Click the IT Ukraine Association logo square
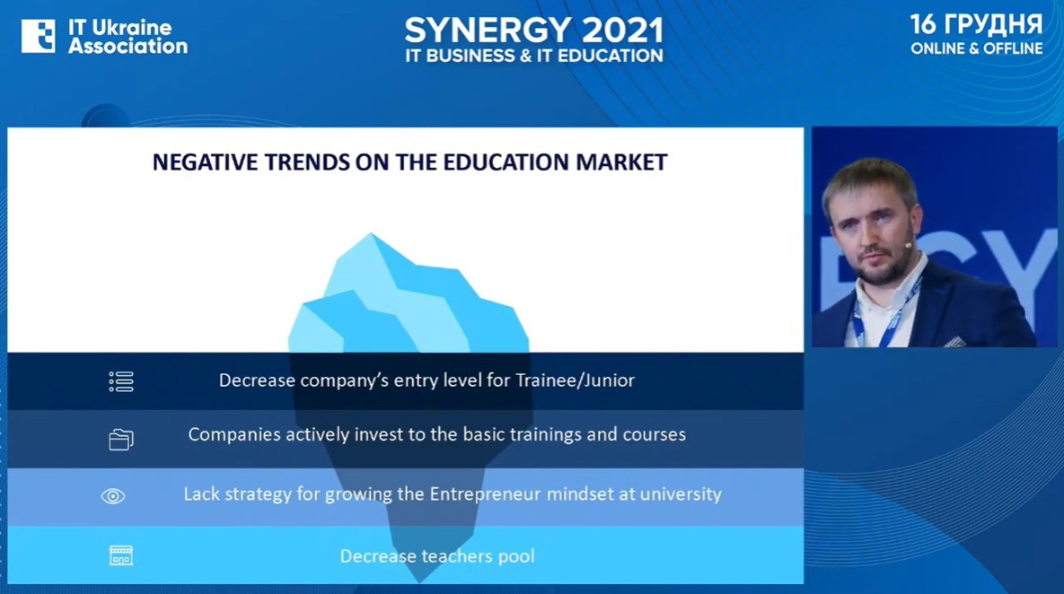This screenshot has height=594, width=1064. (38, 36)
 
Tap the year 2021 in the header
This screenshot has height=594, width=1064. (622, 31)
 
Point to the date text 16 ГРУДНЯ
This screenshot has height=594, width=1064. (976, 24)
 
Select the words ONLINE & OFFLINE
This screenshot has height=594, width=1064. (977, 48)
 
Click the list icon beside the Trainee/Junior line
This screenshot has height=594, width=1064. (121, 381)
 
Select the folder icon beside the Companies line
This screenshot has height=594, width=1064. (121, 440)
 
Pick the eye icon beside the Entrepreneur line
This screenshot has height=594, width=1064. (113, 496)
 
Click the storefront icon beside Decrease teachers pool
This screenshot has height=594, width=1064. (121, 555)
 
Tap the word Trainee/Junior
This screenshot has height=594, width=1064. (576, 380)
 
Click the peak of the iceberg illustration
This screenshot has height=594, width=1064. (371, 234)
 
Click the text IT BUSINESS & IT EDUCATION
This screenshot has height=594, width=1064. (534, 57)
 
